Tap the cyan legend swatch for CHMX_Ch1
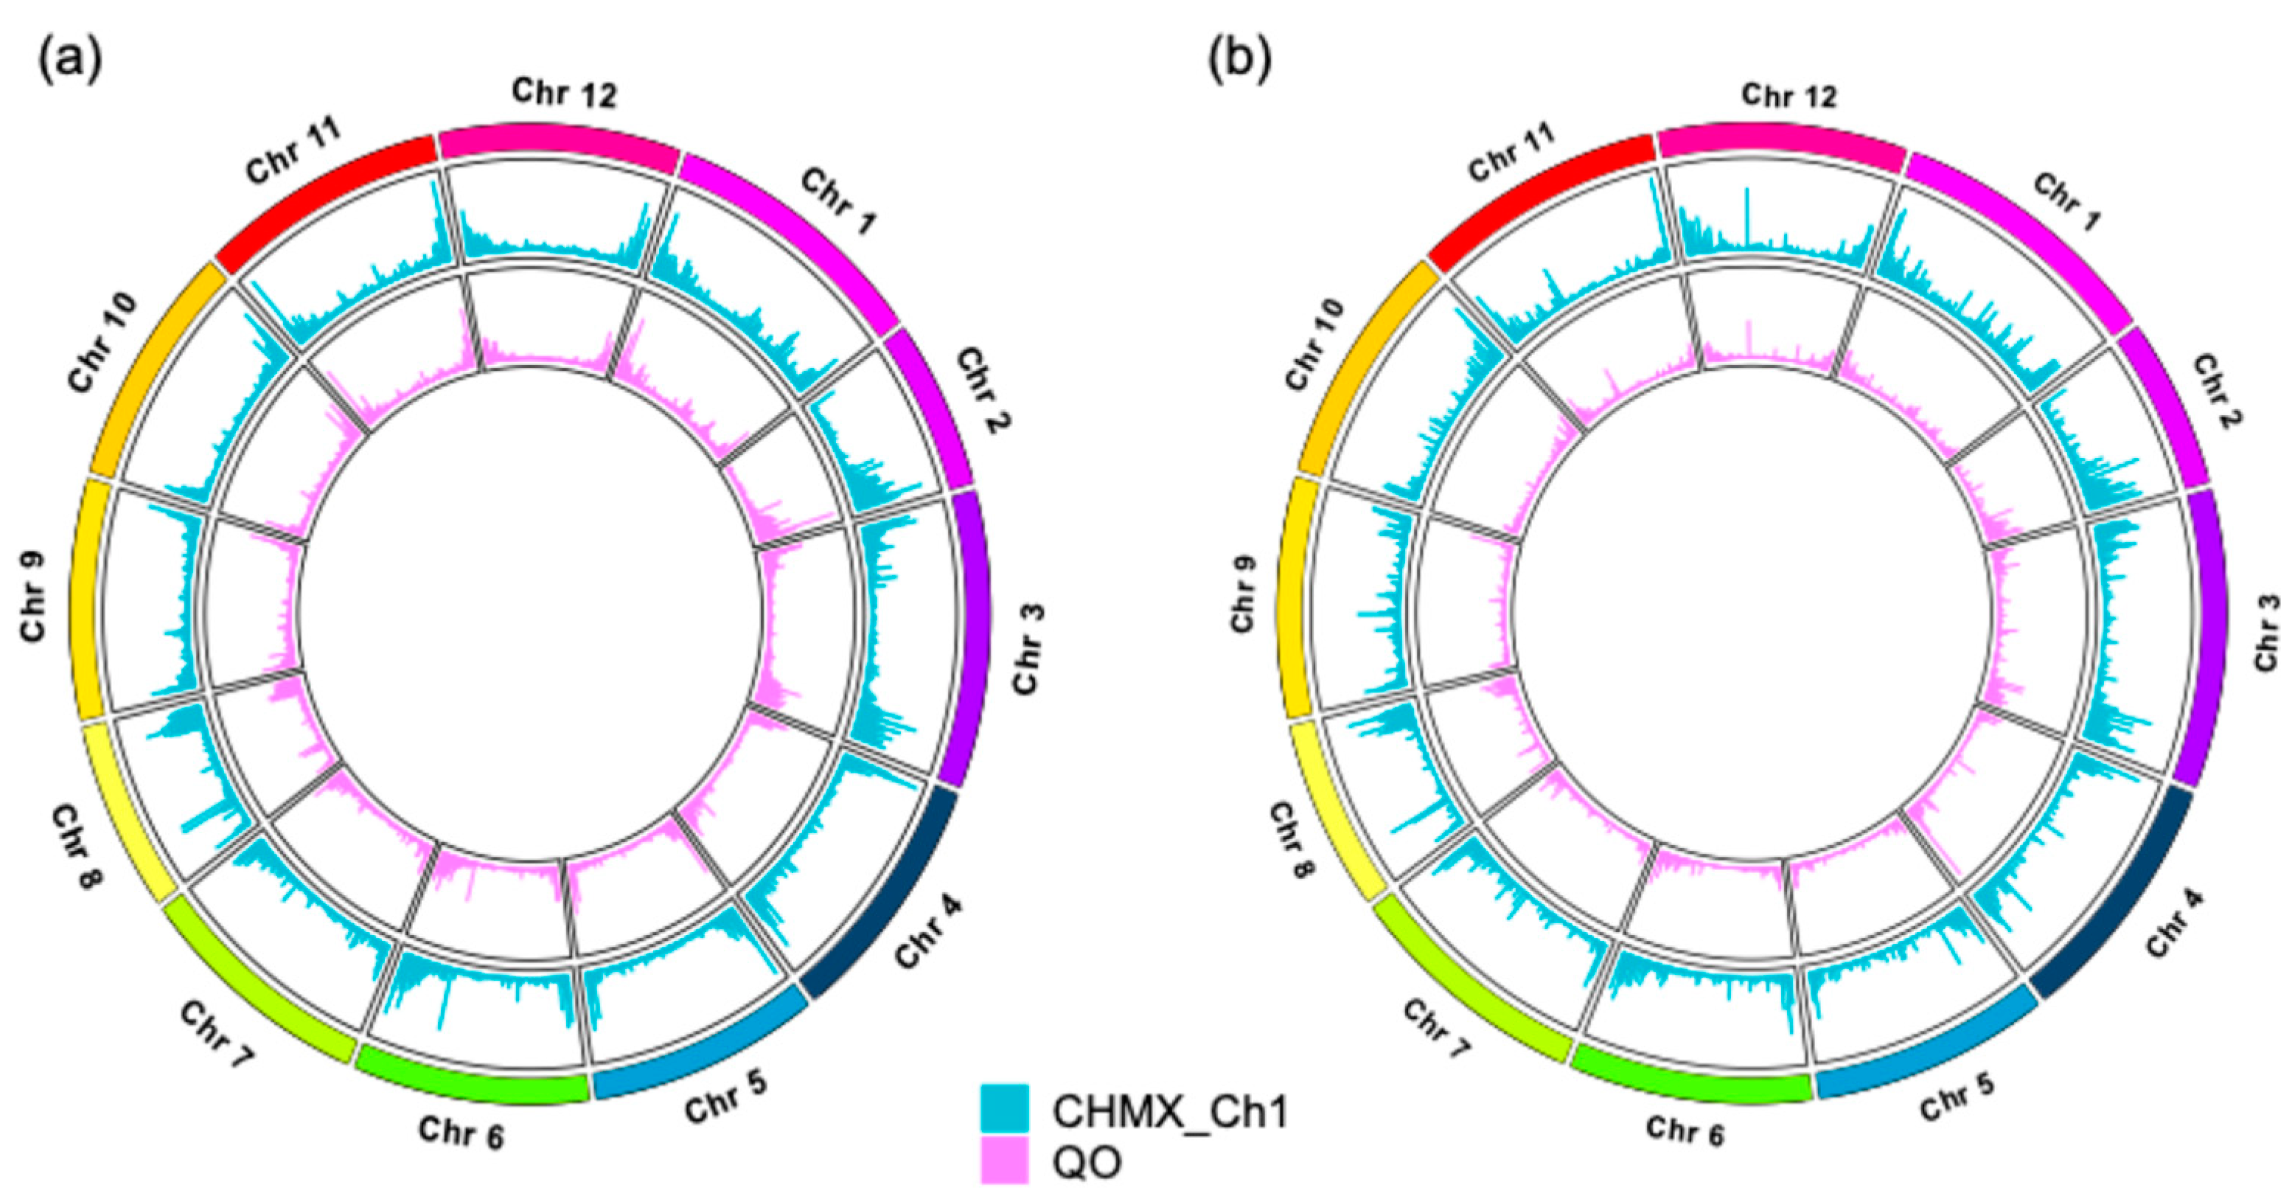tap(1004, 1108)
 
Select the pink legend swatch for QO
tap(1004, 1160)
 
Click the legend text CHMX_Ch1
tap(1170, 1111)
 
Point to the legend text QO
tap(1087, 1161)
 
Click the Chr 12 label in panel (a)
tap(564, 91)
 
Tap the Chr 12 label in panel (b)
tap(1789, 94)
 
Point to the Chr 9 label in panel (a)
tap(33, 597)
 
